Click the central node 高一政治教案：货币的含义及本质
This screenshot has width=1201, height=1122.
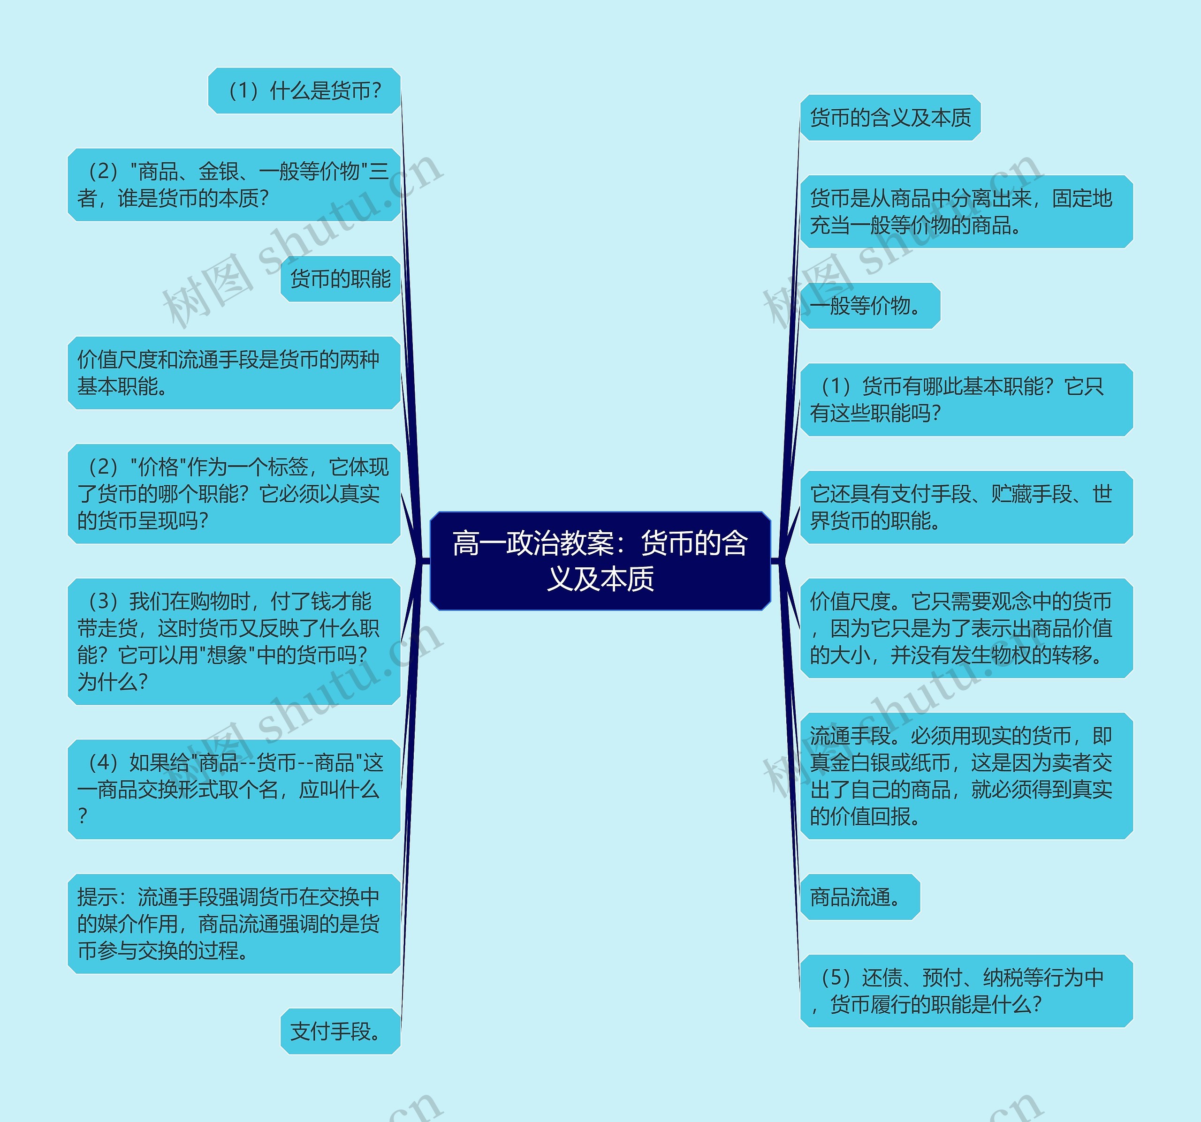coord(600,560)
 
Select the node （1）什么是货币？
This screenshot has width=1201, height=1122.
coord(304,90)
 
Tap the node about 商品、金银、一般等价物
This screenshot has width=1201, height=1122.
coord(234,185)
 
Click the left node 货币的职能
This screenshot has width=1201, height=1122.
coord(340,279)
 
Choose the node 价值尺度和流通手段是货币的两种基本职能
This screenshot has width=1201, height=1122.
coord(234,373)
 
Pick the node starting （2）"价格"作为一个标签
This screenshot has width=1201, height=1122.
coord(234,493)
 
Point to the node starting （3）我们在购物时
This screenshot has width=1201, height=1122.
coord(234,641)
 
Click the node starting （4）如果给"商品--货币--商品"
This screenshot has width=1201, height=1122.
coord(234,789)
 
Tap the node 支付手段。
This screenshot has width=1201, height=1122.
coord(340,1031)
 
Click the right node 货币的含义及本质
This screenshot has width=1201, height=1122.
coord(890,118)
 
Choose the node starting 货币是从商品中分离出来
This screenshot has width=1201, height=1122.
coord(966,211)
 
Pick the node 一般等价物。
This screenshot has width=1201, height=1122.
coord(870,306)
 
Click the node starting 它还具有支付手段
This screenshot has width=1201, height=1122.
coord(966,507)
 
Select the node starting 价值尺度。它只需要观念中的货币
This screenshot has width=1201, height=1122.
coord(966,628)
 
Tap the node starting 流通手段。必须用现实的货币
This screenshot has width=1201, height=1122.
coord(966,776)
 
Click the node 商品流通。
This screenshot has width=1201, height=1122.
coord(859,897)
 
